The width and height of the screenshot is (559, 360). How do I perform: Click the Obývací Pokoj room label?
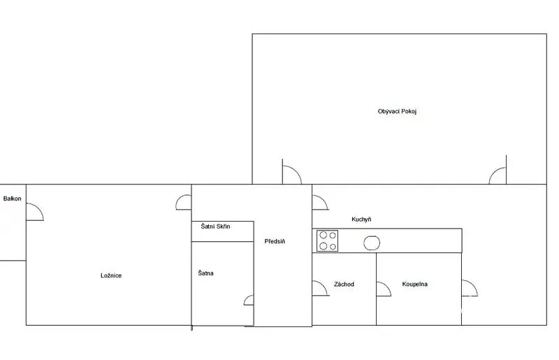tap(397, 111)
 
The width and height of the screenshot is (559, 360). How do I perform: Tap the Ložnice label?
tap(111, 275)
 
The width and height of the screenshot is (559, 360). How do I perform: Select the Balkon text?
tap(12, 199)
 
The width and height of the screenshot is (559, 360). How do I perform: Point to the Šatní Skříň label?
tap(215, 226)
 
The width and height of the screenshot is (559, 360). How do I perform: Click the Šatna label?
tap(205, 273)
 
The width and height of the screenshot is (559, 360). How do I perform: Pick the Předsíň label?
tap(275, 241)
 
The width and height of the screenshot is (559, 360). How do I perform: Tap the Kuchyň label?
tap(361, 219)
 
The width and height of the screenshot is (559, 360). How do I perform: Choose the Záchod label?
tap(344, 284)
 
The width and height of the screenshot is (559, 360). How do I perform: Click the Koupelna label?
tap(414, 284)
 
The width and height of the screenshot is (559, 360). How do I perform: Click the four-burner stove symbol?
tap(327, 241)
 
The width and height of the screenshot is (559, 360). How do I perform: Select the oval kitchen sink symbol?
tap(372, 243)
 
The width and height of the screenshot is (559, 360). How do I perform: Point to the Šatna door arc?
tap(246, 299)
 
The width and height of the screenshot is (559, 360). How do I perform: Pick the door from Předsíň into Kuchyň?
tap(324, 200)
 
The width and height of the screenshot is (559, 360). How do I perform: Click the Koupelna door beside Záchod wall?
tap(388, 286)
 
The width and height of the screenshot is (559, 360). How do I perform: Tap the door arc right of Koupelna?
tap(474, 285)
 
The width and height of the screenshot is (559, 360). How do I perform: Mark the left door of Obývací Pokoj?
tap(296, 171)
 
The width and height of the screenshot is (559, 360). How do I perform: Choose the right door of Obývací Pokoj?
tap(493, 172)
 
